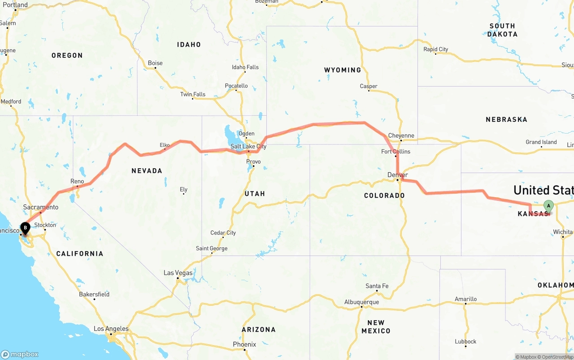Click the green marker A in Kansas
548,207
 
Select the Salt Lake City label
248,147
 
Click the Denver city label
398,175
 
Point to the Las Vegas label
178,273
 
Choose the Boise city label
155,63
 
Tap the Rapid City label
436,49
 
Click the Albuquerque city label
361,302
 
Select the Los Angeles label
111,329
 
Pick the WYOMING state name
343,70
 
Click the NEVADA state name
147,171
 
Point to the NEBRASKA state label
506,120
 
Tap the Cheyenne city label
401,136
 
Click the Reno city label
77,181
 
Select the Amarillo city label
465,299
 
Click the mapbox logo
20,354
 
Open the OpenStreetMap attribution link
556,357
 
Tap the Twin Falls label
193,94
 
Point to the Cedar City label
223,233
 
